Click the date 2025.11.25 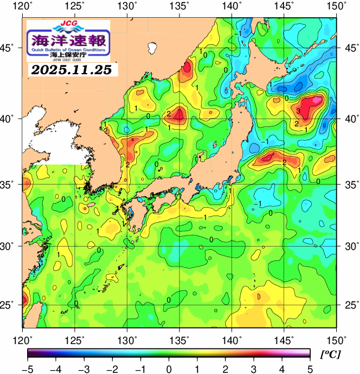[71, 70]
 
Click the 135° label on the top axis [181, 6]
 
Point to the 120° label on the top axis [23, 6]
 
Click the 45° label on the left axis [10, 48]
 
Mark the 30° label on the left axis [10, 245]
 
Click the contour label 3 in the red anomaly [298, 111]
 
